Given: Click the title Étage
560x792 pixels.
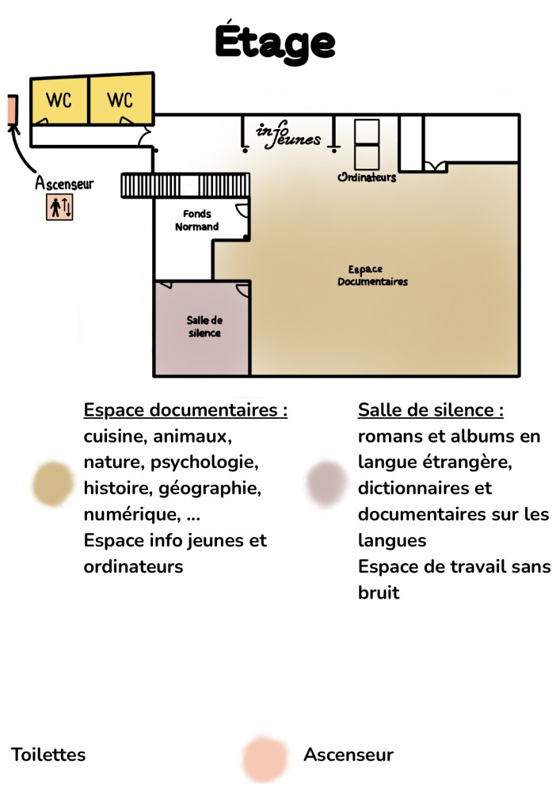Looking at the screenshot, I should click(274, 41).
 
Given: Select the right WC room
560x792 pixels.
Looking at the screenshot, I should click(120, 100).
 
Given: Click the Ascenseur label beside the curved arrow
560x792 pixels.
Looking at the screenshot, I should click(64, 184).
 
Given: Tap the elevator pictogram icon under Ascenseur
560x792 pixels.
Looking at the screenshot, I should click(59, 208).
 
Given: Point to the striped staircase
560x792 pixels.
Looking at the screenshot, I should click(185, 185).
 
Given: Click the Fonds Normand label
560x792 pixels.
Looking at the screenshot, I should click(196, 220).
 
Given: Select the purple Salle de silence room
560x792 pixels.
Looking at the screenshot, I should click(203, 327).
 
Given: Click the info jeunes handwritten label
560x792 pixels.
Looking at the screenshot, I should click(288, 135).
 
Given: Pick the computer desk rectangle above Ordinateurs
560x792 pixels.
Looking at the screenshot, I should click(366, 143).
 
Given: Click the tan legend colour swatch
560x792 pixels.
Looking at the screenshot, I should click(53, 483).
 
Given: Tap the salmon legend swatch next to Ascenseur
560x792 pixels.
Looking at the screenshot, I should click(264, 758).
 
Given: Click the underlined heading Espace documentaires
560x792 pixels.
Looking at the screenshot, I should click(185, 410).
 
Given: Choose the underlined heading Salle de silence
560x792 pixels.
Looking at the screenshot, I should click(431, 410).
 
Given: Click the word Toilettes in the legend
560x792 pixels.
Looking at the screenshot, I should click(48, 754).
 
